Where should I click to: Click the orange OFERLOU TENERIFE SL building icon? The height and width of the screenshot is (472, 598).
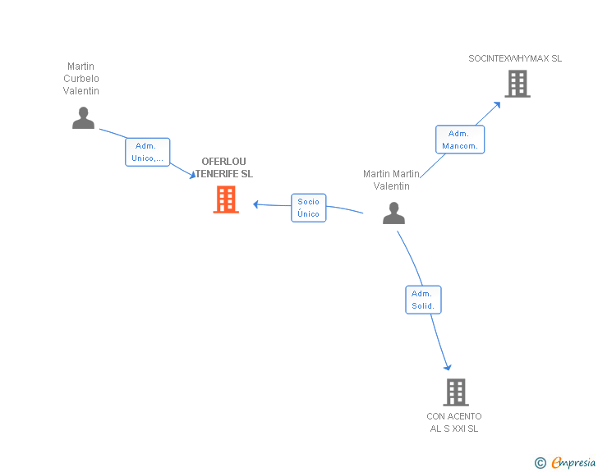click(226, 199)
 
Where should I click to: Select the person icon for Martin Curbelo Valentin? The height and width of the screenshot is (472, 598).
click(83, 118)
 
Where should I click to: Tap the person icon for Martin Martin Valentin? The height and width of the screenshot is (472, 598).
click(394, 213)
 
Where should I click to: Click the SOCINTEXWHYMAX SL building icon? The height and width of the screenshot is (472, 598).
click(517, 84)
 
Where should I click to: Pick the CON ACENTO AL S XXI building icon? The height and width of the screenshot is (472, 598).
click(456, 392)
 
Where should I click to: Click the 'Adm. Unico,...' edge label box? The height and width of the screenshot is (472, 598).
click(148, 152)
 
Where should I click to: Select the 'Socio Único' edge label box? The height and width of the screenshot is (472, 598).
click(309, 208)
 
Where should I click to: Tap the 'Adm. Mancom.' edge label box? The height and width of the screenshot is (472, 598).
click(460, 140)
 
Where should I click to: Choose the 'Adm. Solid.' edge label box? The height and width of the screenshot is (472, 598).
click(423, 300)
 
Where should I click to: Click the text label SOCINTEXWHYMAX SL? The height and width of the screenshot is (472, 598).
click(515, 59)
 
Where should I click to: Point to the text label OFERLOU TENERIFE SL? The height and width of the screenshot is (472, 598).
click(223, 167)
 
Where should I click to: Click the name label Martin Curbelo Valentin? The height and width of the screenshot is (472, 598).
click(81, 79)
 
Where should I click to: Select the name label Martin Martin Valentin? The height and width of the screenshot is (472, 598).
click(392, 180)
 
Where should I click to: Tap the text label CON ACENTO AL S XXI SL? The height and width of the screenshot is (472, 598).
click(454, 422)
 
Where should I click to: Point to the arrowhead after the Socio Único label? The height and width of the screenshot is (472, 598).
click(256, 204)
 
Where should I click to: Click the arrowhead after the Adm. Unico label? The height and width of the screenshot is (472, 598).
click(191, 175)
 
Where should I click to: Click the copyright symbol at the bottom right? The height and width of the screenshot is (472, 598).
click(540, 463)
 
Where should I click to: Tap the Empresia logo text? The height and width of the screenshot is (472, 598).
click(573, 462)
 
